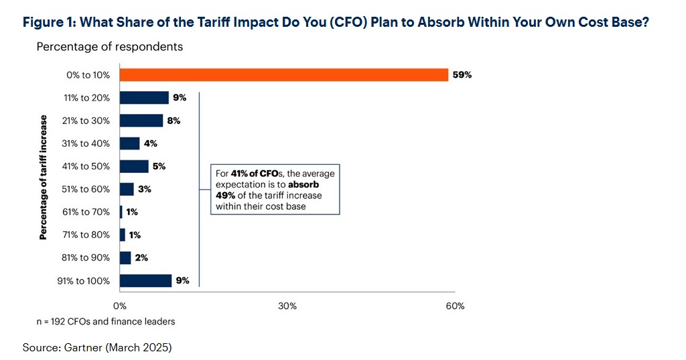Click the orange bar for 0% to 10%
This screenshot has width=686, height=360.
pos(283,74)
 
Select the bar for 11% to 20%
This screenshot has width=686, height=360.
pos(144,98)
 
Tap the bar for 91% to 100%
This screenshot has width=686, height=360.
pos(145,281)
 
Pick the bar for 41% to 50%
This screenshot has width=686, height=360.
pos(134,166)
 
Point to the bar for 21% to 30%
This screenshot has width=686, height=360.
pos(141,121)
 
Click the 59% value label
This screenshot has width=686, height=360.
pos(462,75)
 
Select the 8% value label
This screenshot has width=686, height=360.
pos(174,121)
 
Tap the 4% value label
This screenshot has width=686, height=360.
pos(151,143)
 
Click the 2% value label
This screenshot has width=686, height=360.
pos(141,258)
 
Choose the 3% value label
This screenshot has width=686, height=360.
pos(145,189)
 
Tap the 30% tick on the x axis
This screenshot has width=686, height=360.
pos(287,306)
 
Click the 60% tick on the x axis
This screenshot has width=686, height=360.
pos(455,306)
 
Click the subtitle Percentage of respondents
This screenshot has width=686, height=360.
pos(109,47)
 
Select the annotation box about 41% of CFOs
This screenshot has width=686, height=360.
pos(275,190)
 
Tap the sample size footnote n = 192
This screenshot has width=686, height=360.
pos(105,322)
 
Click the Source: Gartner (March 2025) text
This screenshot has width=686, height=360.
pos(98,347)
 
